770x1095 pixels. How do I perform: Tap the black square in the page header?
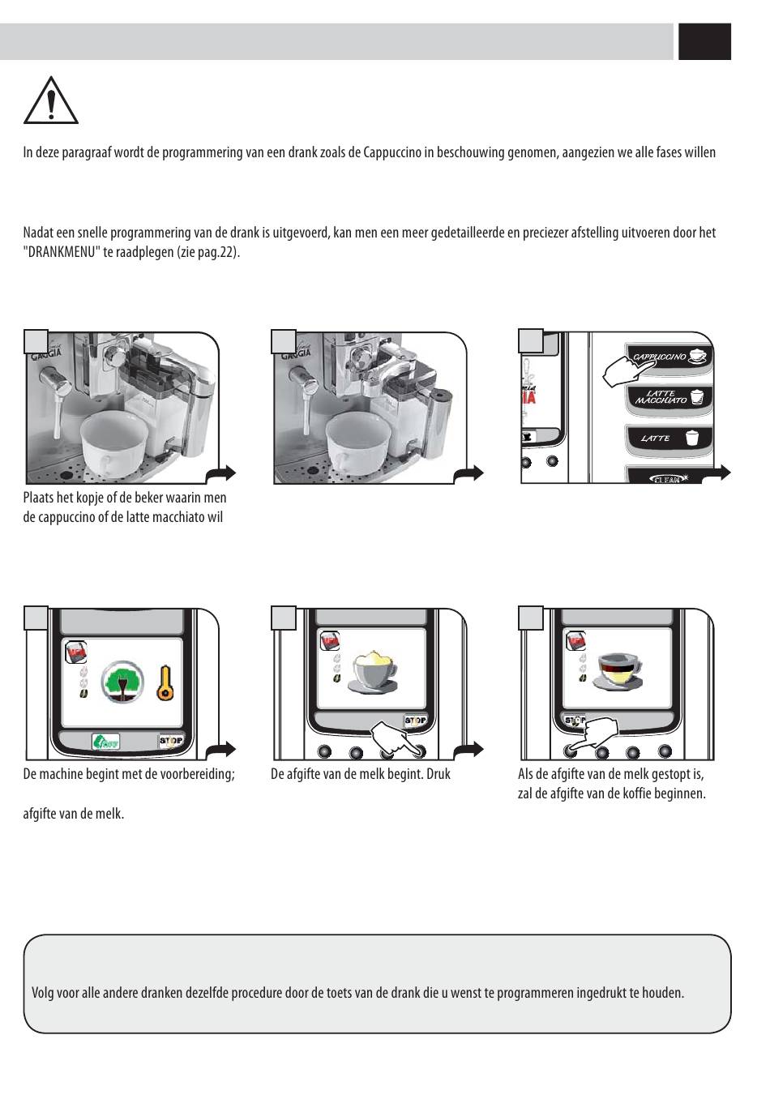pos(704,41)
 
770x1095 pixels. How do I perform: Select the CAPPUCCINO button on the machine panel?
pos(669,357)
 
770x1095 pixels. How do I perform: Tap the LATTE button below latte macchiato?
pos(668,438)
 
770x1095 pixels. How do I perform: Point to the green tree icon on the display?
pos(123,682)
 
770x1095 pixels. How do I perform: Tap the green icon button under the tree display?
pos(105,741)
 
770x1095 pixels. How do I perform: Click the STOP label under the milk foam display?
pos(415,721)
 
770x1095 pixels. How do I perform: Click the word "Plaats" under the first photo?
pos(38,498)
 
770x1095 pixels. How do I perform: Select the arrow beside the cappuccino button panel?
pos(718,473)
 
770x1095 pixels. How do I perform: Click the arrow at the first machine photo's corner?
pos(222,473)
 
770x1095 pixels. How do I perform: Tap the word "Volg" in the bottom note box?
pos(43,993)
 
